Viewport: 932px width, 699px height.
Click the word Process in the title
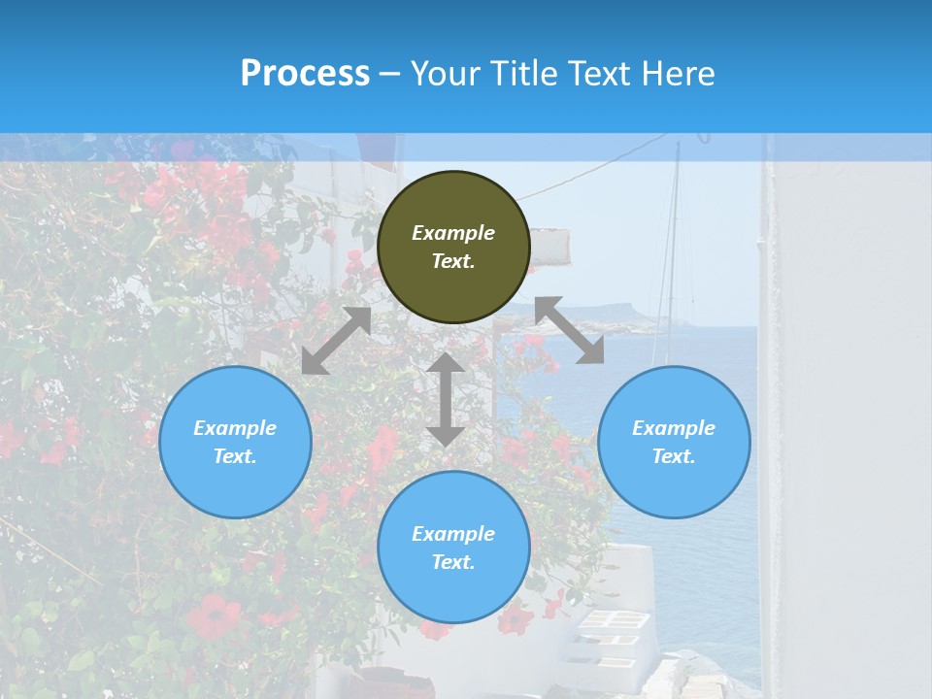point(305,74)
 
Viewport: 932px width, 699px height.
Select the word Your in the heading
point(445,74)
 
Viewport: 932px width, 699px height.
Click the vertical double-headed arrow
point(446,399)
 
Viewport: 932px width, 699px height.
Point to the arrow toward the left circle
point(336,341)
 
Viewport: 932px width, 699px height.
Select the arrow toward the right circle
point(570,330)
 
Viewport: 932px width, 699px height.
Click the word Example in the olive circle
point(453,233)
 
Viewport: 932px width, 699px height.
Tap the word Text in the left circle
point(235,456)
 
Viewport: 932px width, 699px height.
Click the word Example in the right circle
point(674,428)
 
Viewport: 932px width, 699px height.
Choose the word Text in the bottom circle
point(453,562)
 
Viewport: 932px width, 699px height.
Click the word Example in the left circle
point(235,428)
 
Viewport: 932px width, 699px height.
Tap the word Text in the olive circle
point(453,261)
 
